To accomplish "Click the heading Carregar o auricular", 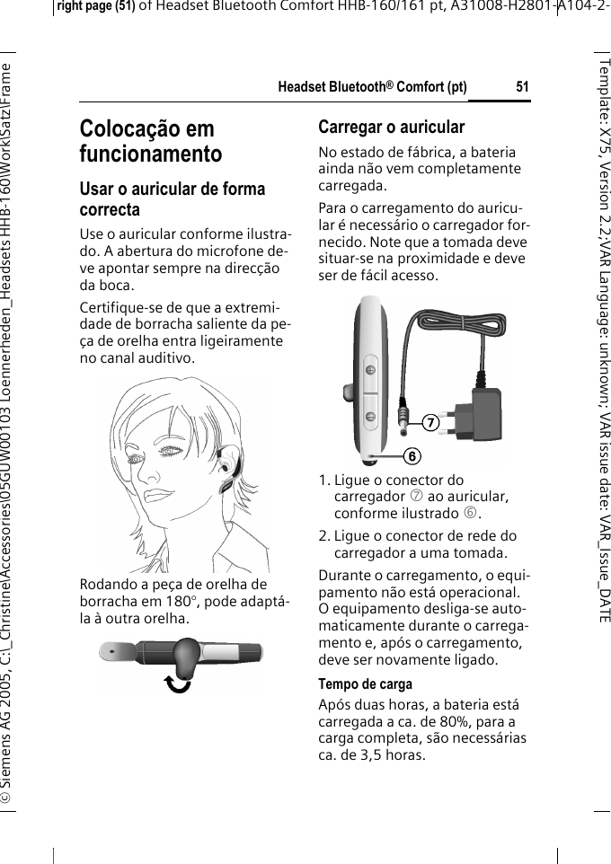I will click(x=392, y=127).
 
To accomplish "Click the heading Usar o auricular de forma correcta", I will click(x=173, y=198).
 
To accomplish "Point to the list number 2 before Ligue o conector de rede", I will click(x=323, y=536).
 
